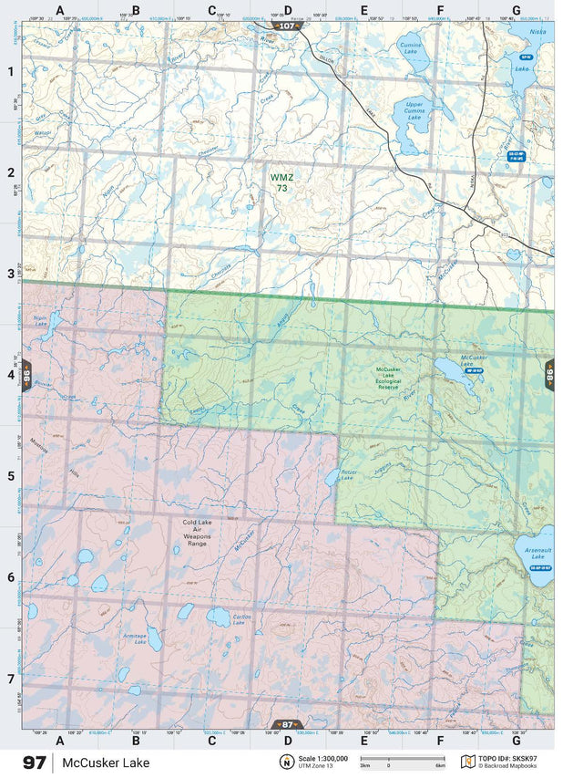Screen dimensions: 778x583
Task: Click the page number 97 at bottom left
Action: tap(35, 762)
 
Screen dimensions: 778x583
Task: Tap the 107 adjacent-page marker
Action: tap(287, 26)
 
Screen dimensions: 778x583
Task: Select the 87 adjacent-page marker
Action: tap(287, 724)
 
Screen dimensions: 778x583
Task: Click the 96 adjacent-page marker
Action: tap(27, 374)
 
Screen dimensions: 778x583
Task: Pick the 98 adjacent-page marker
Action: tap(549, 374)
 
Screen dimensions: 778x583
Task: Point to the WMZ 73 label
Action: tap(281, 182)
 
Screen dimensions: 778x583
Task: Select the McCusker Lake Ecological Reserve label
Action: tap(390, 379)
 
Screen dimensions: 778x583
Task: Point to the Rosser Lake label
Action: tap(347, 474)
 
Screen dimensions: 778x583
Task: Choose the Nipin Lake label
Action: tap(40, 320)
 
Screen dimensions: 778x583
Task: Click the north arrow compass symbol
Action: tap(286, 762)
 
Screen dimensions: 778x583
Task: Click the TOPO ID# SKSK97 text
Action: tap(507, 757)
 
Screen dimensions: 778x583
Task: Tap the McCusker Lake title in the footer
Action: tap(101, 762)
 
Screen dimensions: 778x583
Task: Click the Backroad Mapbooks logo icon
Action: tap(467, 761)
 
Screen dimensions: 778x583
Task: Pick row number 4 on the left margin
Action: tap(10, 374)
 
